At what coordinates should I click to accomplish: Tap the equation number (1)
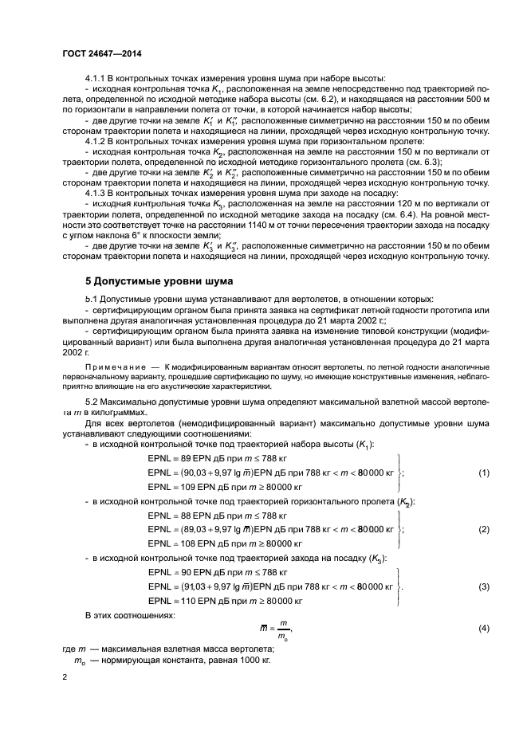click(483, 472)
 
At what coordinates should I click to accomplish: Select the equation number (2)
click(483, 529)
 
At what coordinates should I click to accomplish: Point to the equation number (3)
click(483, 586)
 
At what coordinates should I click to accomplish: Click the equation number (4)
click(483, 629)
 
